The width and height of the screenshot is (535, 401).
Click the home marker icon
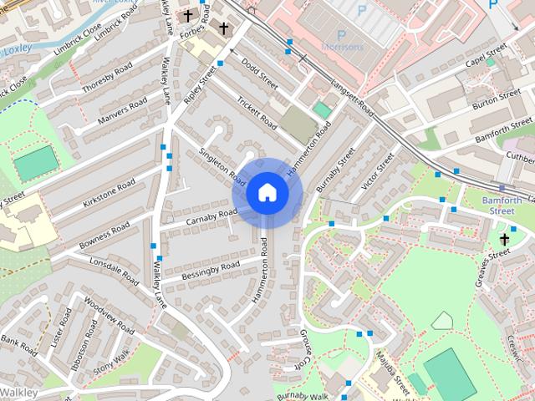coord(267,193)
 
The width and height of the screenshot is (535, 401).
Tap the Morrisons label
coord(344,47)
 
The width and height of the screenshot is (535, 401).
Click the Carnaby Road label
coord(211,216)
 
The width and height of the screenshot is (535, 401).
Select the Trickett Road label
coord(257,116)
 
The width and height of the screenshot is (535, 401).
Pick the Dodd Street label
coord(259,73)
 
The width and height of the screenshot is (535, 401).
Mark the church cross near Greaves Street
coord(504,240)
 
